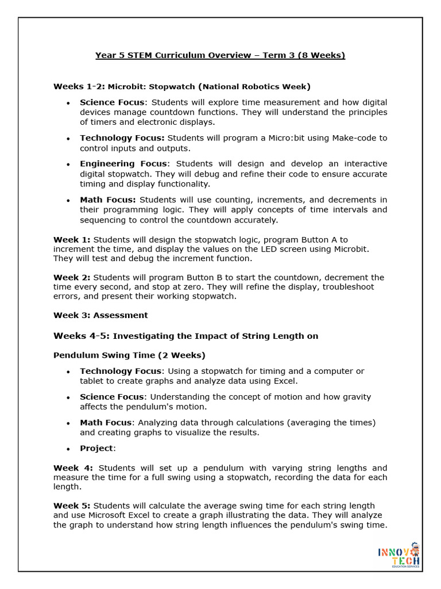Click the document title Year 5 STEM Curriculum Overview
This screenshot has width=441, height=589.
[x=220, y=55]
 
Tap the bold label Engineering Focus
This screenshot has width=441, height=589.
[x=123, y=164]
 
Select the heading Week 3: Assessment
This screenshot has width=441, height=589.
[x=100, y=315]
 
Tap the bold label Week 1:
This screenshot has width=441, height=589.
[x=72, y=239]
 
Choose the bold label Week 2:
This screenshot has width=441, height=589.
[x=72, y=277]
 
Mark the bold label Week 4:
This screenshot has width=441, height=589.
[x=73, y=468]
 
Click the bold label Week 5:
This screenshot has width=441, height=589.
[x=72, y=506]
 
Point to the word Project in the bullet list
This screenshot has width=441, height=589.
[x=96, y=448]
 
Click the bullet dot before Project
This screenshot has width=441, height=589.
[x=68, y=449]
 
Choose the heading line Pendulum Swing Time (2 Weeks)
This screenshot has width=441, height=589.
[x=129, y=355]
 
